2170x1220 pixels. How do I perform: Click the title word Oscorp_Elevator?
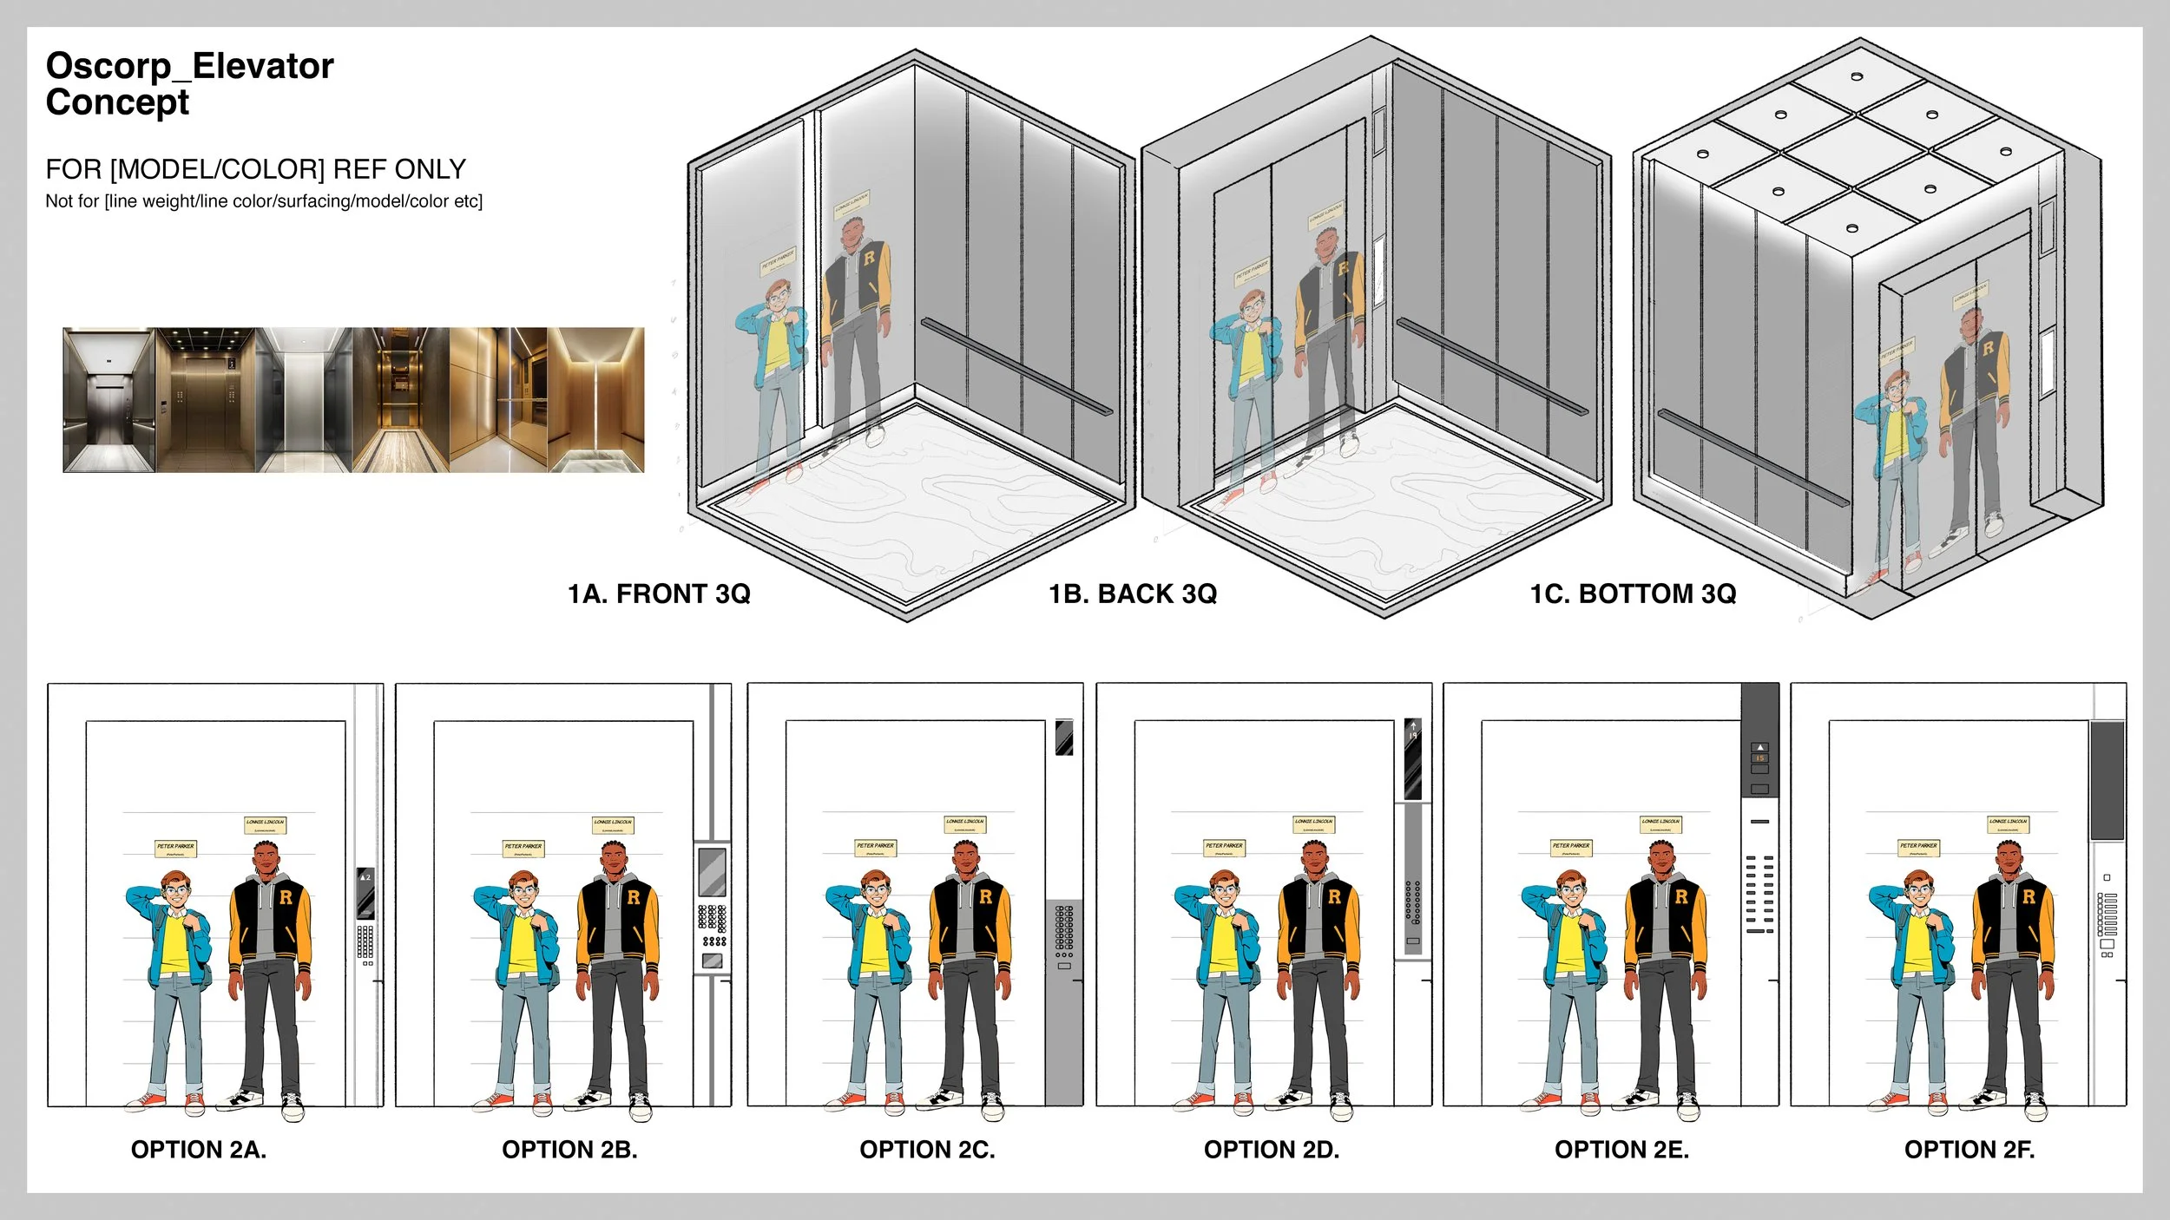[189, 66]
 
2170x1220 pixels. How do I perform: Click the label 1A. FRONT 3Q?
[659, 594]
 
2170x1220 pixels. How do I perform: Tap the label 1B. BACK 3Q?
[1133, 594]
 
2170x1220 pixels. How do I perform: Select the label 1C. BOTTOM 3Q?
[1633, 594]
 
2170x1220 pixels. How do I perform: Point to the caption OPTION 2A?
[199, 1150]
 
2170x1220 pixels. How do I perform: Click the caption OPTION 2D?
[1272, 1150]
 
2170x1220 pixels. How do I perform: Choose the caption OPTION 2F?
[1969, 1150]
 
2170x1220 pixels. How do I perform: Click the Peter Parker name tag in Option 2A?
[175, 847]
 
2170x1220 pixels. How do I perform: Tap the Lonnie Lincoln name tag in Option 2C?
[965, 823]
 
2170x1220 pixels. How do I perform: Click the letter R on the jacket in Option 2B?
[634, 897]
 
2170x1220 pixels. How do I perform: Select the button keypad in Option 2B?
[713, 925]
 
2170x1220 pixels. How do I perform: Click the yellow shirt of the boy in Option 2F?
[1919, 941]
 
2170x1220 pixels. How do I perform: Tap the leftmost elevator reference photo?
[108, 400]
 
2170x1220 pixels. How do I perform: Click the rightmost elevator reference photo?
[596, 400]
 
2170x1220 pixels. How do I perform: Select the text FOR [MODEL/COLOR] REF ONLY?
[255, 169]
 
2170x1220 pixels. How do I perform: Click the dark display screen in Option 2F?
[2107, 780]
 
